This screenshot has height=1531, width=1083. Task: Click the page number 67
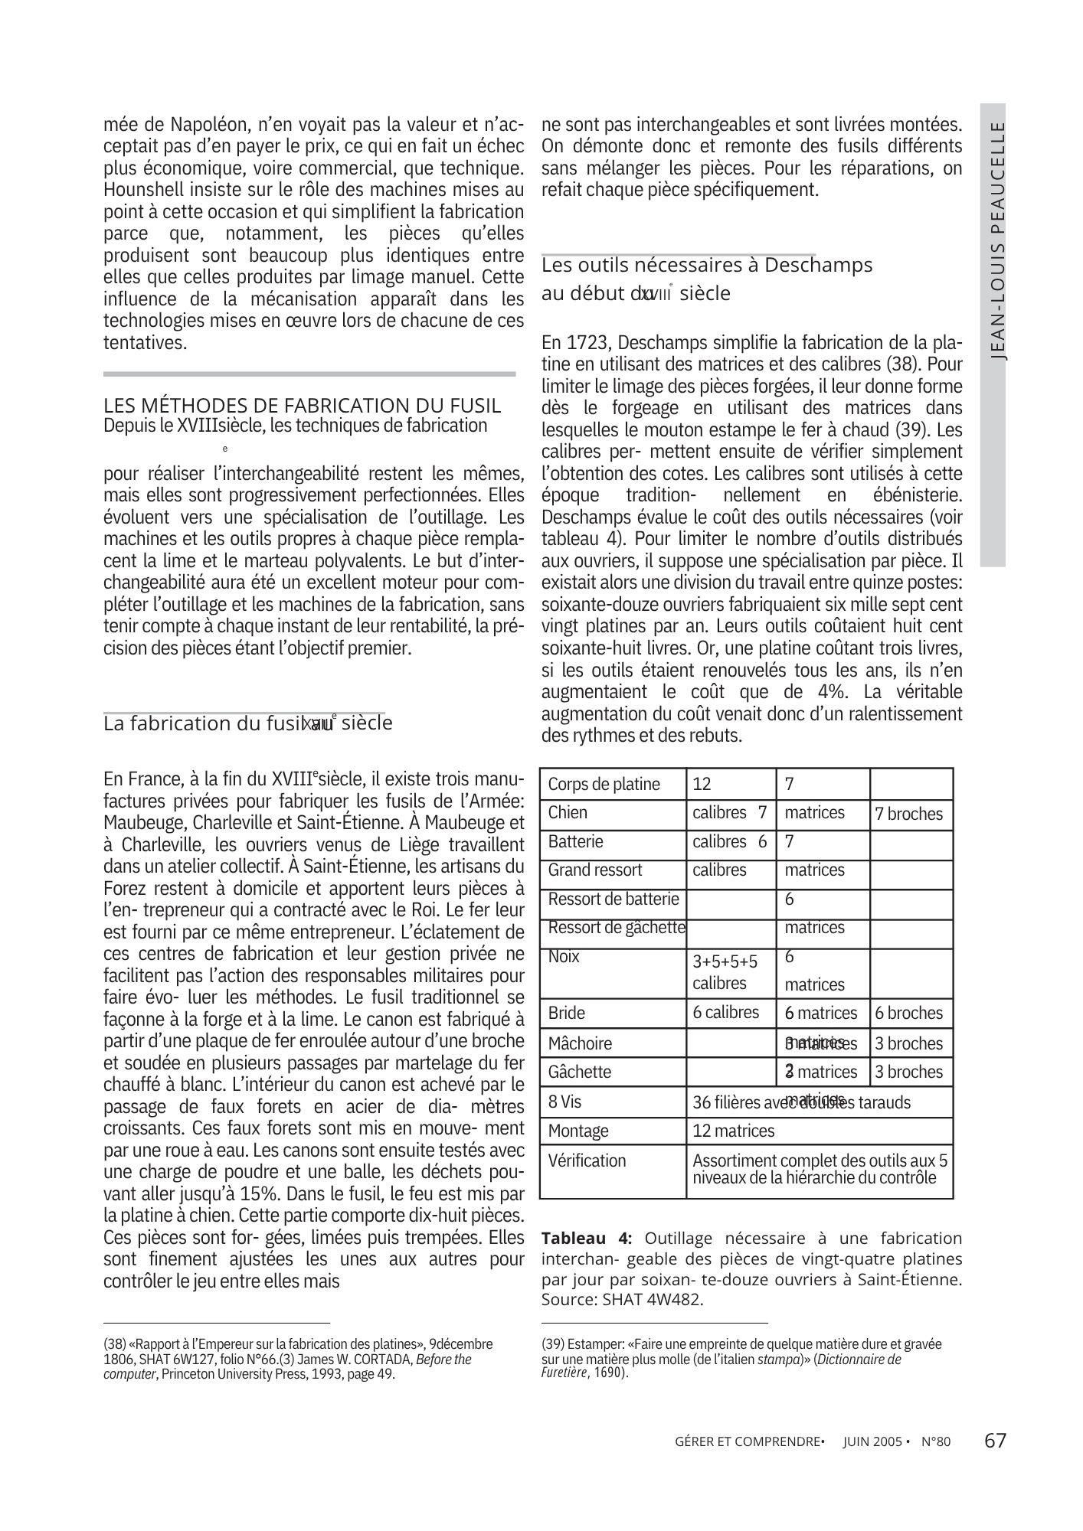tap(995, 1441)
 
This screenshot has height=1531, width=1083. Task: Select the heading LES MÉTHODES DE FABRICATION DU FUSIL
tap(303, 405)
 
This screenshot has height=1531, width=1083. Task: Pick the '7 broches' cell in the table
tap(908, 814)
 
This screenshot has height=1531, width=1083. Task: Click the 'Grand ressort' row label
tap(595, 870)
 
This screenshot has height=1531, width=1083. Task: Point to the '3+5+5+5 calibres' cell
tap(725, 972)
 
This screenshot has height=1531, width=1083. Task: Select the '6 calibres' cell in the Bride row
tap(726, 1013)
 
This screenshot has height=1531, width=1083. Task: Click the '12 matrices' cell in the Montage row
tap(733, 1131)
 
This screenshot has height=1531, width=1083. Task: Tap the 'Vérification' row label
tap(587, 1160)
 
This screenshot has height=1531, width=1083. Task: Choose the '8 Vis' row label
tap(565, 1102)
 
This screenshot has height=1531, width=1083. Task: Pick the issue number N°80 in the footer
tap(935, 1442)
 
